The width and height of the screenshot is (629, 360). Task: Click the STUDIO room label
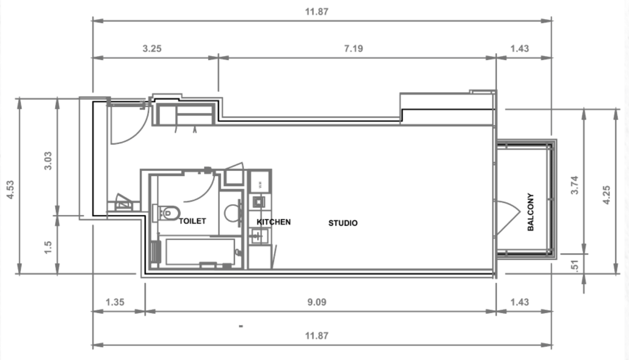pos(343,223)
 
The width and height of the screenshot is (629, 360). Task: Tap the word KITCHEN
pos(273,222)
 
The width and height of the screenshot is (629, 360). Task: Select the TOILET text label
pos(192,221)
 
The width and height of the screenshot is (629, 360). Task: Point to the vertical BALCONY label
pos(531,212)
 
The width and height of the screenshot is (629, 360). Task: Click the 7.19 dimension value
pos(354,48)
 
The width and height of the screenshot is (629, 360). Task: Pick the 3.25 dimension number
pos(152,48)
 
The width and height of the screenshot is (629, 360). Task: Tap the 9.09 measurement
pos(317,302)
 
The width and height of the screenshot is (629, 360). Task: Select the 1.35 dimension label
pos(115,302)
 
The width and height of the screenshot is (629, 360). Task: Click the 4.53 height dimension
pos(10,190)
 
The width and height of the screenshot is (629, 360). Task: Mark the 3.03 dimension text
pos(48,161)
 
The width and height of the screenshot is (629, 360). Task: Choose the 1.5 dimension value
pos(48,247)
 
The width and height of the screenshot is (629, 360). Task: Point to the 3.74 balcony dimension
pos(574,185)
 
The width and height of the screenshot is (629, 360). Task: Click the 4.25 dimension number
pos(606,195)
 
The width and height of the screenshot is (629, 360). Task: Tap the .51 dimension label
pos(574,266)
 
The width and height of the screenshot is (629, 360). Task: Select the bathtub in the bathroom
pos(200,252)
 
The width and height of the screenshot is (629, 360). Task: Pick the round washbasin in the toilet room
pos(232,213)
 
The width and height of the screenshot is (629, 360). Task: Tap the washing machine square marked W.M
pos(260,181)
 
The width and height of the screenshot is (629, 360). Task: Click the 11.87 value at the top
pos(317,12)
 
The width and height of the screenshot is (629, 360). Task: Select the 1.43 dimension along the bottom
pos(519,302)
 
